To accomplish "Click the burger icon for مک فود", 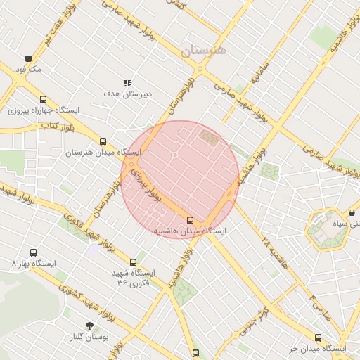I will (x=29, y=58).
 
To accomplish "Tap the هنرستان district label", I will (x=205, y=50).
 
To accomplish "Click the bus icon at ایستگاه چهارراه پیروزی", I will (x=44, y=99).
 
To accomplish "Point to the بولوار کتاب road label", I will (x=58, y=126).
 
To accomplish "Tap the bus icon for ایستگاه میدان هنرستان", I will (x=103, y=141).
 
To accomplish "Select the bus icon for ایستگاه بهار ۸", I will (x=33, y=252).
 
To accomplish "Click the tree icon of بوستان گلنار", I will (x=90, y=326).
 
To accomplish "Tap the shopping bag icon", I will (x=352, y=212).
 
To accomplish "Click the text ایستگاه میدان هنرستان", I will (x=104, y=153).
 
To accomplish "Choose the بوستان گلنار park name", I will (x=91, y=337).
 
